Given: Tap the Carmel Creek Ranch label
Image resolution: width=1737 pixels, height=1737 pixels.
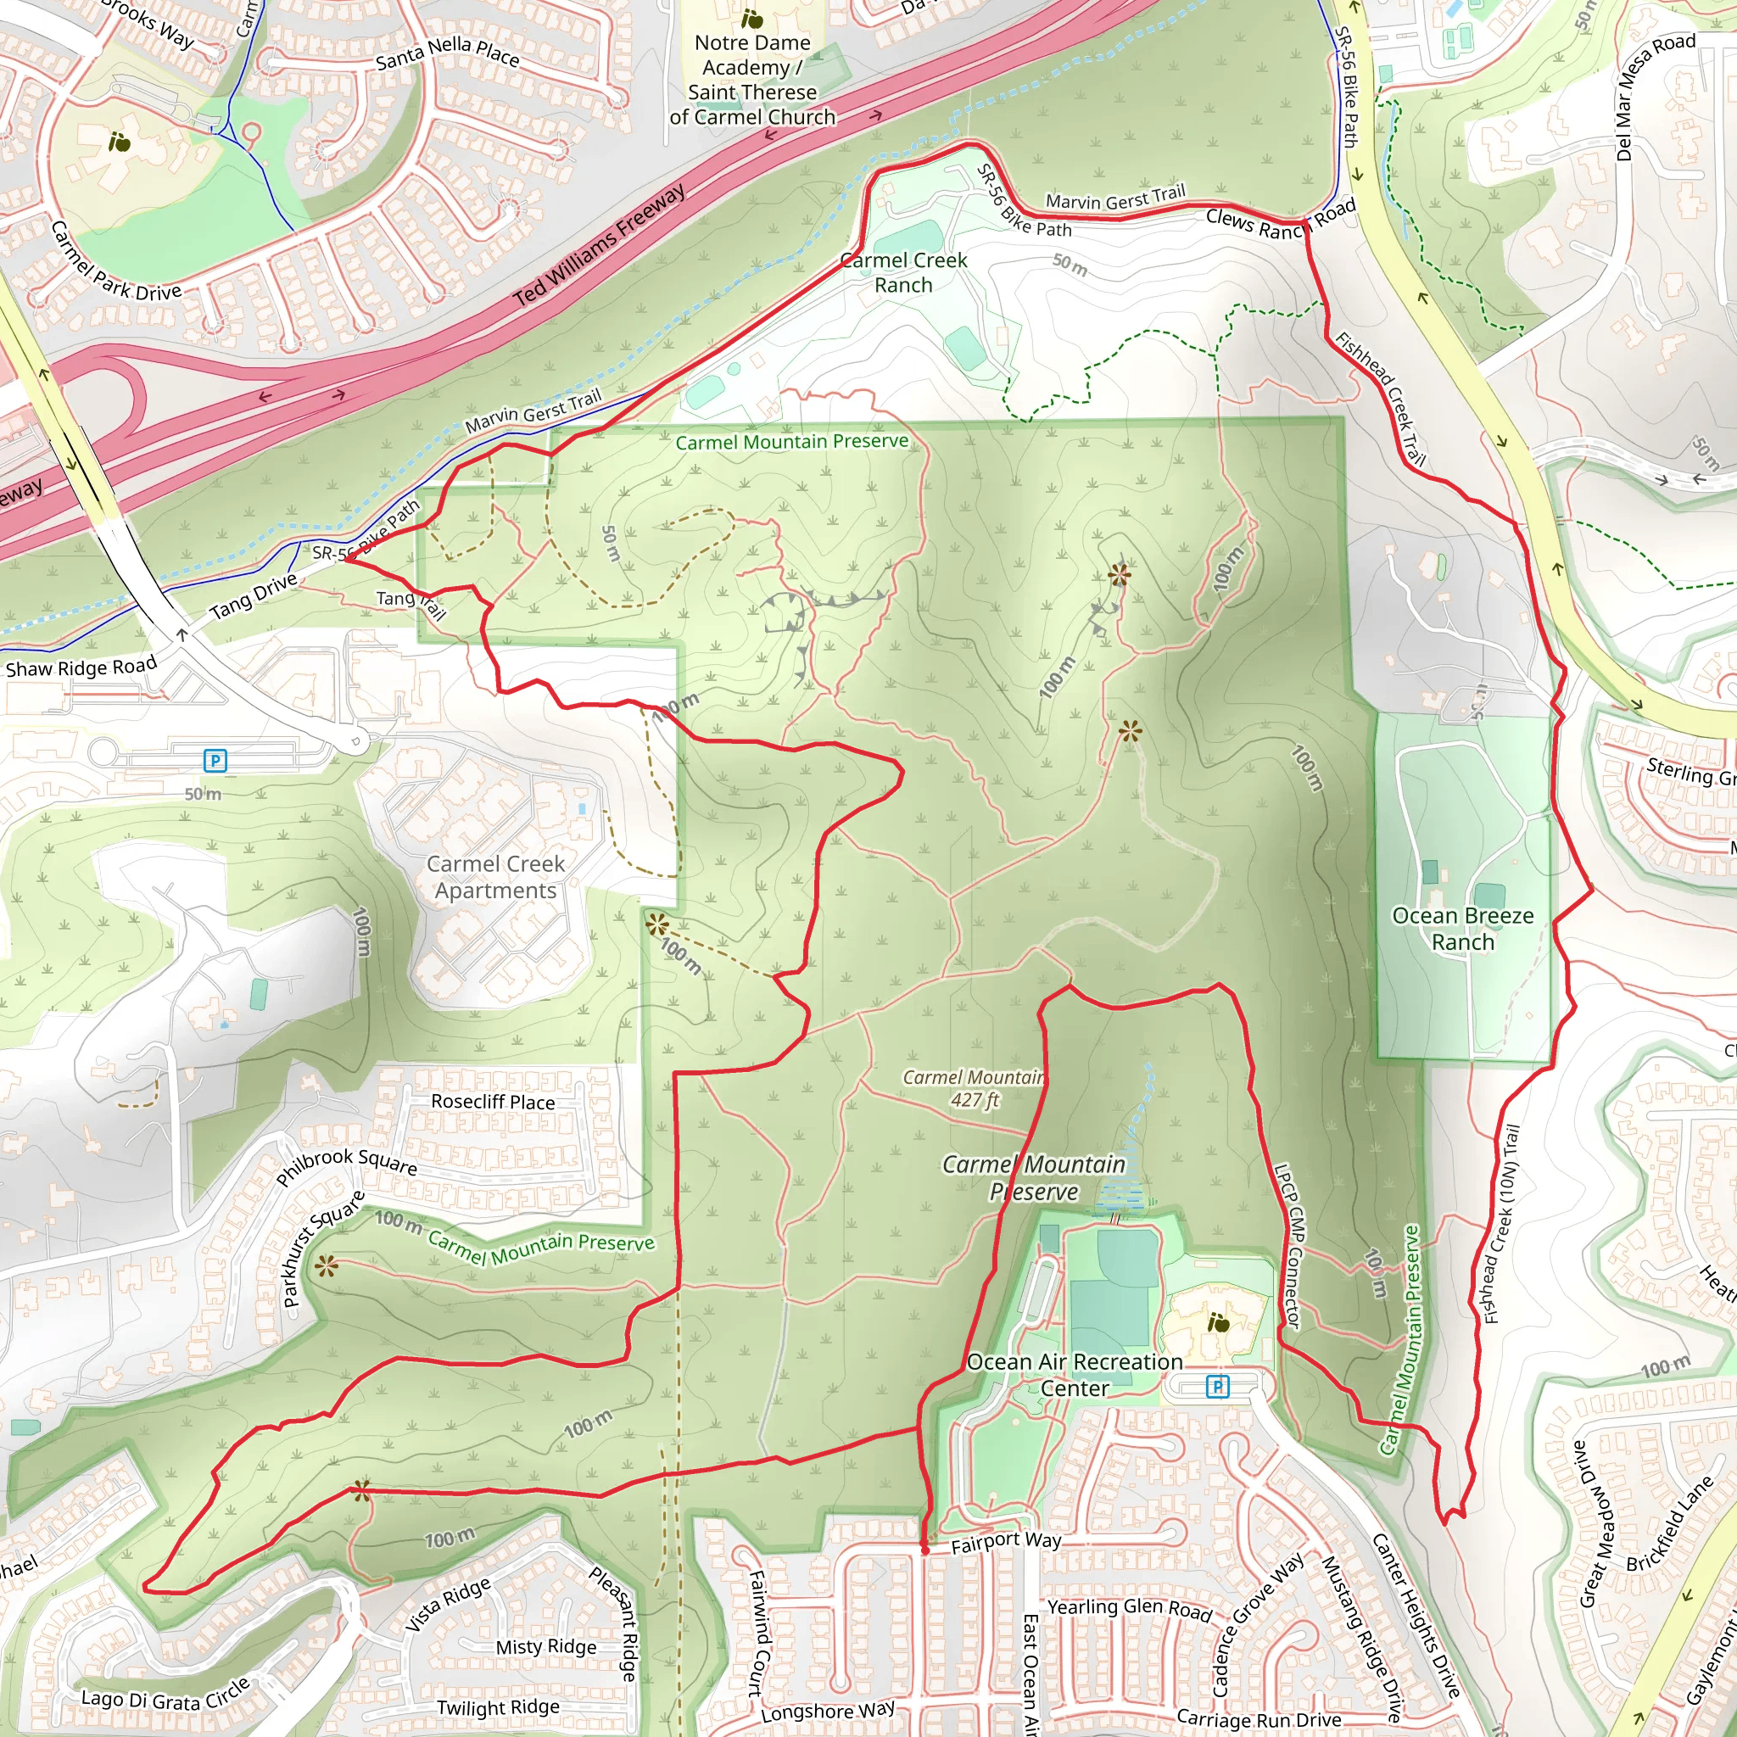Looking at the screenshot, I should pos(902,272).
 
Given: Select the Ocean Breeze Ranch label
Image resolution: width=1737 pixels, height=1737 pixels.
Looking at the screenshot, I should pos(1463,929).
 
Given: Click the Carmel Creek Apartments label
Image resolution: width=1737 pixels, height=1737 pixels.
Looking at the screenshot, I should pos(495,877).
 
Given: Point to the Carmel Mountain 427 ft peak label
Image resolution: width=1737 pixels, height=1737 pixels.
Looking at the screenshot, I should pos(975,1088).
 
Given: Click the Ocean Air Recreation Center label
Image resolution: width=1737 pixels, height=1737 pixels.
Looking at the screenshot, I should pos(1075,1375).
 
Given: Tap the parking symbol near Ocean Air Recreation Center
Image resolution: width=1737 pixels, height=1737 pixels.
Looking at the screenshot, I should pos(1216,1386).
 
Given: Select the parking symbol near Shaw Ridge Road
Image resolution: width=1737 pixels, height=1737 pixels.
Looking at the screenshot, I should pos(215,761).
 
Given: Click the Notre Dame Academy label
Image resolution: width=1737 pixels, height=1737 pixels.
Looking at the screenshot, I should pos(752,79).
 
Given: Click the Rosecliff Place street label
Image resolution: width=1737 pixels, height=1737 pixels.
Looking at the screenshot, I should pos(493,1102).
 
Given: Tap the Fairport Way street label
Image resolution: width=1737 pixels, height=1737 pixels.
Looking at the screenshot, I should pos(1006,1542).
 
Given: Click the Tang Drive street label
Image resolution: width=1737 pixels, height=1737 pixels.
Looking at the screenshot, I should pos(254,596).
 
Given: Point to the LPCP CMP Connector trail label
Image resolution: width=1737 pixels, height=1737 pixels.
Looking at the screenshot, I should pos(1288,1246).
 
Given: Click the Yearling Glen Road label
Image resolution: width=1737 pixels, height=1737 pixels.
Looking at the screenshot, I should pos(1129,1608).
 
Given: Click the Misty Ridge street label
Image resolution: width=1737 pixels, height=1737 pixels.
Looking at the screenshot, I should pos(545,1646).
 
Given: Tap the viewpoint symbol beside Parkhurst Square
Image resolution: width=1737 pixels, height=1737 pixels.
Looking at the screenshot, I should pos(327,1267).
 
